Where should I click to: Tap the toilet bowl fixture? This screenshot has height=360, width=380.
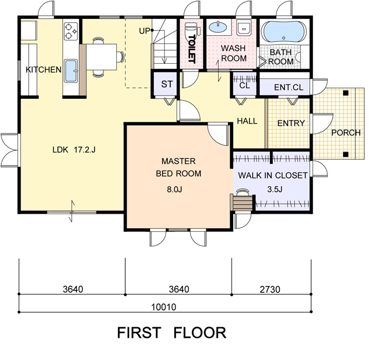192,29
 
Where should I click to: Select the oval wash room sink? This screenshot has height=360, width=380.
217,27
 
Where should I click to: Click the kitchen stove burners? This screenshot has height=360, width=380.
71,31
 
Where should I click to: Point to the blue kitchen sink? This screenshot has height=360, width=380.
71,71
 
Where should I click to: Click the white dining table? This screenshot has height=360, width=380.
102,57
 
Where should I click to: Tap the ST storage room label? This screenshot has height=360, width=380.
167,84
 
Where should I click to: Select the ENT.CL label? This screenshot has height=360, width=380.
288,87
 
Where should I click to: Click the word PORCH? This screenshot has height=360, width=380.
346,133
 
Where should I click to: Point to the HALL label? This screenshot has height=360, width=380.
247,121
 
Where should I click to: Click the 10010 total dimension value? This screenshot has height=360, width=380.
164,307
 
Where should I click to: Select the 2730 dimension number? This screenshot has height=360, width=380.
270,289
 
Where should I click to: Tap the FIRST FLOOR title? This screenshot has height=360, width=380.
171,332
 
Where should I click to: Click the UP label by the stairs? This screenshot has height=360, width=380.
144,31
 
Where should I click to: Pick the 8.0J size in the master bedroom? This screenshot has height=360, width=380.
174,189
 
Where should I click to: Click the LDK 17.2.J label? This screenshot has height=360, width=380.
74,150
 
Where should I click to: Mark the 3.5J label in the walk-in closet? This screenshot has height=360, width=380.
275,189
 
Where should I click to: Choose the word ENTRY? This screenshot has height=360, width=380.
291,124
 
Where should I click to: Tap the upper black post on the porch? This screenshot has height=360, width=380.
346,92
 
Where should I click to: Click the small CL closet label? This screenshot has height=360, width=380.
244,85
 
